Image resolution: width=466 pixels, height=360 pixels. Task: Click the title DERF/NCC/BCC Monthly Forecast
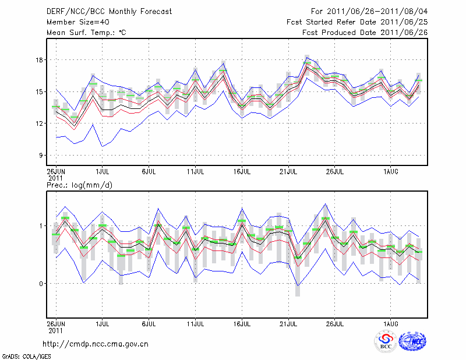click(x=109, y=12)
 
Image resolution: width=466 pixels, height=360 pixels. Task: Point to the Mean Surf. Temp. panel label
click(x=86, y=33)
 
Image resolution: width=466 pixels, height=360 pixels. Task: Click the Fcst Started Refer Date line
click(x=357, y=22)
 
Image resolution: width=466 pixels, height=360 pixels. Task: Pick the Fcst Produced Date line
click(x=365, y=33)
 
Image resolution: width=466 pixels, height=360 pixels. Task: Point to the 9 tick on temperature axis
click(x=41, y=155)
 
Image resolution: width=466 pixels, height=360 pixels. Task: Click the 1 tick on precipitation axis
click(x=41, y=225)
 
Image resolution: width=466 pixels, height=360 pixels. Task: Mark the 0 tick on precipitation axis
click(x=41, y=284)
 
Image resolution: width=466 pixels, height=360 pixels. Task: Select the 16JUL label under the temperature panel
click(x=242, y=171)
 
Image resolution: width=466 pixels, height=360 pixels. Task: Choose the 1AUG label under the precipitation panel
click(x=391, y=322)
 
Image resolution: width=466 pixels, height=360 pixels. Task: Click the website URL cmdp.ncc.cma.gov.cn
click(x=96, y=344)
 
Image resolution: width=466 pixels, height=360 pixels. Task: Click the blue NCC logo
click(x=412, y=341)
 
